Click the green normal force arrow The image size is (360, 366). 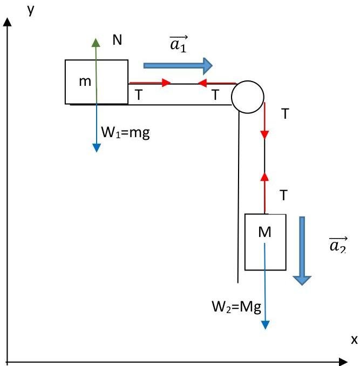point(96,59)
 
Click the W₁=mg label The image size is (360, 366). point(125,132)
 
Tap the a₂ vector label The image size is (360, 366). point(338,246)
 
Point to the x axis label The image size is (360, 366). point(354,340)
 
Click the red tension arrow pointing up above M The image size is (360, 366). point(264,192)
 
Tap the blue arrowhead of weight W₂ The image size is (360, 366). point(265,324)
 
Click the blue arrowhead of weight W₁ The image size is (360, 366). point(96,147)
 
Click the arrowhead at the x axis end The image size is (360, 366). point(344,360)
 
